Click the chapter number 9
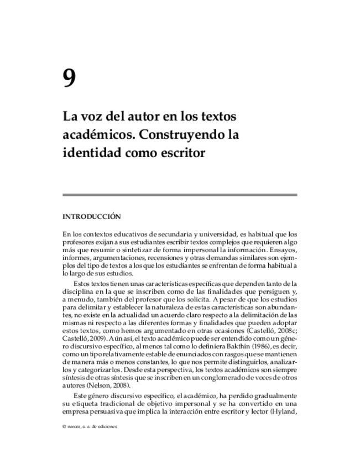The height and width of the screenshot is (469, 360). [69, 79]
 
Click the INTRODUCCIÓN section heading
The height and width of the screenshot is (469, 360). [91, 217]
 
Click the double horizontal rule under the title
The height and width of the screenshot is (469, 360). [180, 195]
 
